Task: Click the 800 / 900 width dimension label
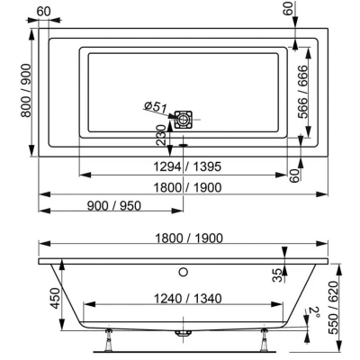tap(26, 90)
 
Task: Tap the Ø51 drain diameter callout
tap(155, 107)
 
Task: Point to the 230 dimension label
tap(161, 135)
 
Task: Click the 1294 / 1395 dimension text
tap(187, 166)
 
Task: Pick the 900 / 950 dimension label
tap(114, 206)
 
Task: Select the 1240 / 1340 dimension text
tap(188, 299)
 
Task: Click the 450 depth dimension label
tap(55, 299)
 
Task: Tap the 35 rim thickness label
tap(279, 275)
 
